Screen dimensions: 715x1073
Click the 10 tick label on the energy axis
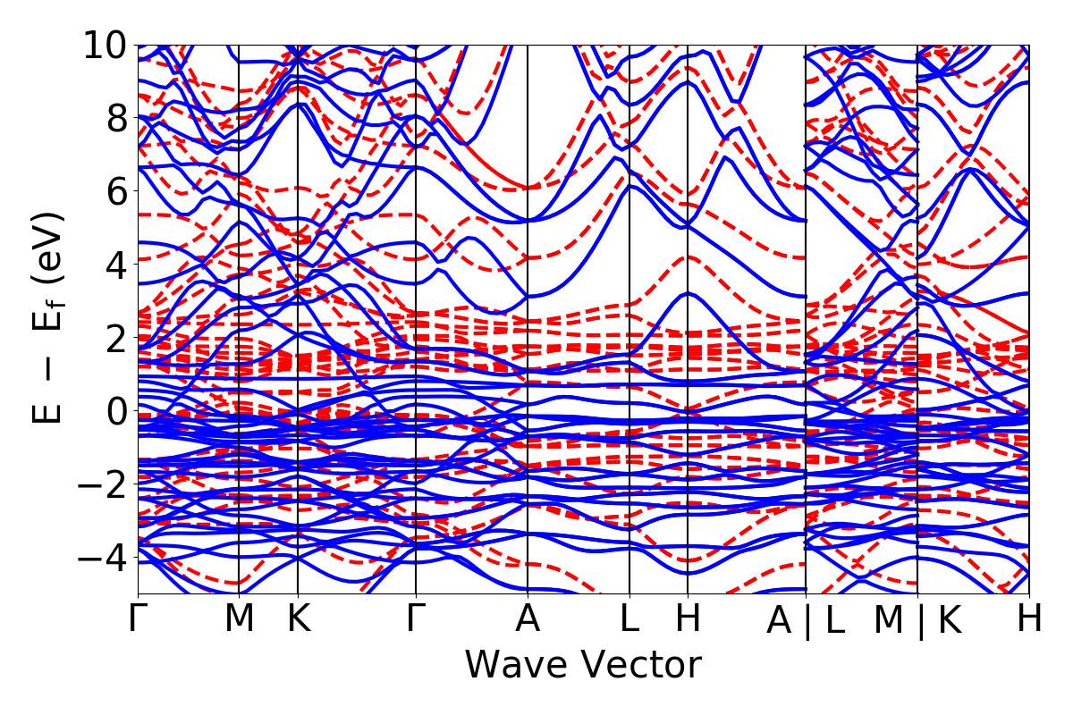point(106,45)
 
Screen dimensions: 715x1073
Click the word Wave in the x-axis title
point(514,666)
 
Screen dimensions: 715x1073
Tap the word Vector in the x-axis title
point(637,666)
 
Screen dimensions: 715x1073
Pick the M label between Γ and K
point(239,619)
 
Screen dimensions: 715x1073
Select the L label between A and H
point(630,619)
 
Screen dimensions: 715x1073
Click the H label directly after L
point(687,619)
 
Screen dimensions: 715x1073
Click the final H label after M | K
point(1028,619)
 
